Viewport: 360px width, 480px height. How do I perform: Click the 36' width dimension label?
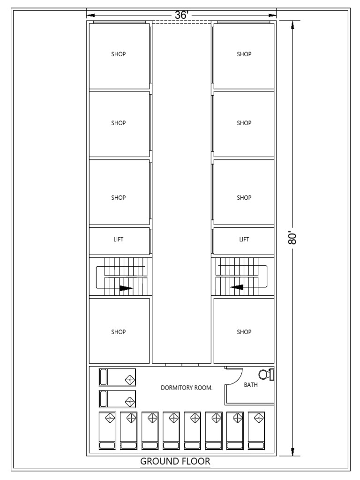[181, 15]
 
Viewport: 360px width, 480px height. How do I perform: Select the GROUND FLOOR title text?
[175, 462]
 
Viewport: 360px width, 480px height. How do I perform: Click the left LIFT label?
[119, 239]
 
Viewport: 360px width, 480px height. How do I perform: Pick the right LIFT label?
[244, 239]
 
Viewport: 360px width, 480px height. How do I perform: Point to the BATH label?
[251, 385]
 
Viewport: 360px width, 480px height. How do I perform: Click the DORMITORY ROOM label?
[187, 388]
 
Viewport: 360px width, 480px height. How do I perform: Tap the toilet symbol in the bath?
[266, 375]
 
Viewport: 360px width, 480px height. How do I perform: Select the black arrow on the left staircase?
[126, 288]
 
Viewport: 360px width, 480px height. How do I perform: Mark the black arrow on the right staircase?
[237, 287]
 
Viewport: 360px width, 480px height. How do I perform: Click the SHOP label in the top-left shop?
[119, 54]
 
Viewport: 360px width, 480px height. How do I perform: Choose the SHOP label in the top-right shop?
[244, 54]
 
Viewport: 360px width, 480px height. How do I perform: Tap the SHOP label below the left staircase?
[119, 332]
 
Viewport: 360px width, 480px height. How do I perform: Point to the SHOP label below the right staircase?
[244, 332]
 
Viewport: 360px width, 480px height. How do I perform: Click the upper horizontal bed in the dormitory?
[117, 377]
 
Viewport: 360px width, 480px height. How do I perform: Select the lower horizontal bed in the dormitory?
[117, 399]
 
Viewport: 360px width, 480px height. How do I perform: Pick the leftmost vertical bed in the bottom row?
[108, 431]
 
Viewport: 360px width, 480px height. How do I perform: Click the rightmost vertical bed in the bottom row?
[256, 431]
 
